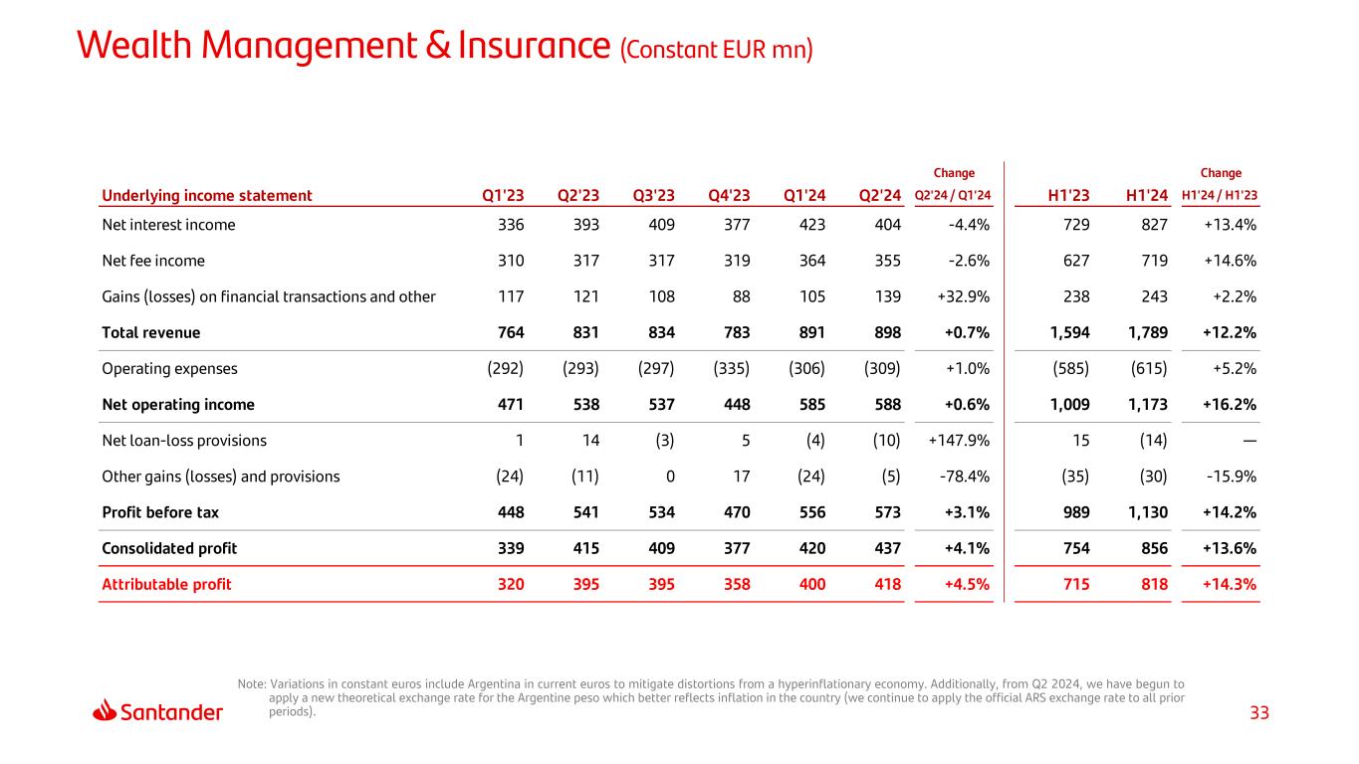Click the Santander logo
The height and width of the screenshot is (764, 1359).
pyautogui.click(x=158, y=711)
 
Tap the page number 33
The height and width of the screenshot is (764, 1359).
pyautogui.click(x=1259, y=713)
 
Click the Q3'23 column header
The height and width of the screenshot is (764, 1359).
pyautogui.click(x=653, y=195)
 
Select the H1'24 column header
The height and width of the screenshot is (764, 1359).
pyautogui.click(x=1147, y=195)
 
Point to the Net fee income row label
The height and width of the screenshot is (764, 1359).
pyautogui.click(x=153, y=261)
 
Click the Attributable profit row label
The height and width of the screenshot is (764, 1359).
pyautogui.click(x=166, y=584)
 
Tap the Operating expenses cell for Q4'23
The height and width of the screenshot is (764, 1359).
pyautogui.click(x=732, y=369)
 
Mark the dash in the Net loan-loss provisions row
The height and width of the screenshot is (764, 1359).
pyautogui.click(x=1248, y=441)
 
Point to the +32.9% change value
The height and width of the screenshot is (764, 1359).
pyautogui.click(x=962, y=296)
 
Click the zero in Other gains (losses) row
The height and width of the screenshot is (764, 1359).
pyautogui.click(x=670, y=477)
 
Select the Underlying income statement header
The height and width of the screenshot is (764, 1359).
pyautogui.click(x=207, y=195)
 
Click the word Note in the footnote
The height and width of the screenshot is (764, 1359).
pyautogui.click(x=251, y=684)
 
